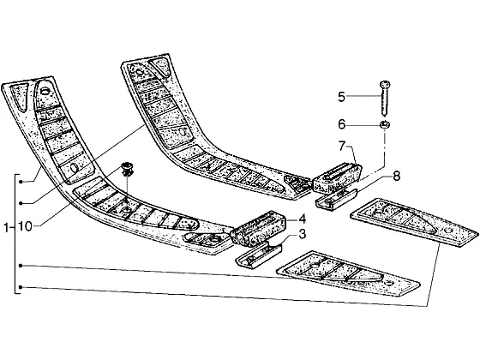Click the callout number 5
click(x=341, y=97)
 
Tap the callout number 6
click(x=342, y=124)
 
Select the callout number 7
click(x=343, y=147)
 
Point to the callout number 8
click(x=396, y=177)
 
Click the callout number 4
click(x=302, y=219)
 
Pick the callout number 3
click(x=302, y=235)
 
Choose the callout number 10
click(x=25, y=226)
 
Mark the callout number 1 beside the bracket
click(x=6, y=228)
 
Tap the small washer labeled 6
click(x=385, y=124)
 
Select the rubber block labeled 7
click(x=337, y=177)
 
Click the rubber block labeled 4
click(x=258, y=228)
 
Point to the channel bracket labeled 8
click(x=336, y=199)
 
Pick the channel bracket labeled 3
click(x=258, y=255)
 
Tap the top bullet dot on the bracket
click(x=21, y=182)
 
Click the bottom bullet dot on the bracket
click(x=21, y=287)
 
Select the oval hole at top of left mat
click(x=45, y=91)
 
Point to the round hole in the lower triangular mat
click(x=388, y=283)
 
